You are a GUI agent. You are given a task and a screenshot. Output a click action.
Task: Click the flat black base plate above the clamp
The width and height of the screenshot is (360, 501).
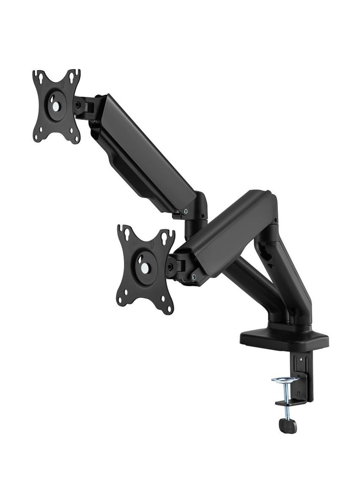point(284,339)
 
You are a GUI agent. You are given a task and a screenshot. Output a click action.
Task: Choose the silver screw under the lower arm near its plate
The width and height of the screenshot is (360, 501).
point(194,278)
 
